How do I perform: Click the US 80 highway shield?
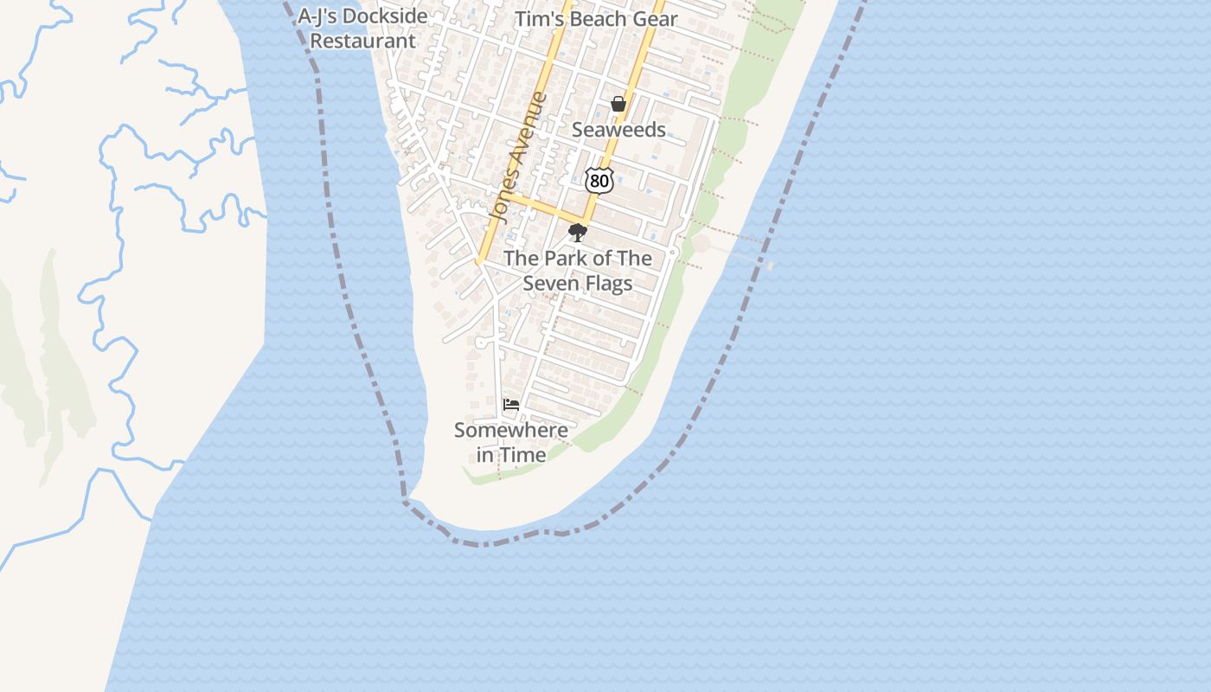(599, 180)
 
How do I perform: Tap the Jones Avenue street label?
(518, 157)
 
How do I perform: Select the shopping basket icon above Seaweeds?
(618, 105)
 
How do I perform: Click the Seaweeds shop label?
(618, 130)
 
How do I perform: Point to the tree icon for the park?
(577, 233)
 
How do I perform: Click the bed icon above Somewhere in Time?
(511, 404)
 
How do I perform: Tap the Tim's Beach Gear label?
(596, 19)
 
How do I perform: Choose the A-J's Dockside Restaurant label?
(362, 28)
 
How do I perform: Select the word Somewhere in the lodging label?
(511, 430)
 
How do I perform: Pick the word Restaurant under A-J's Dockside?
(362, 41)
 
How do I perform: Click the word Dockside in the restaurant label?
(387, 16)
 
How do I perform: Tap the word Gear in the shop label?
(657, 19)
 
